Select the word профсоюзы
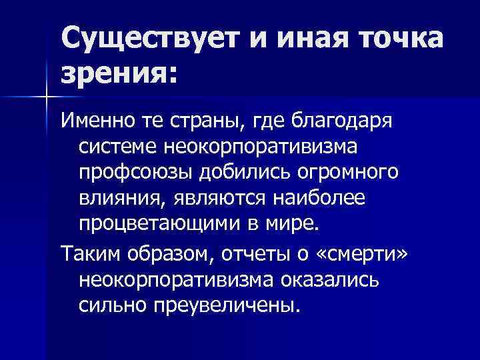point(135,172)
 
